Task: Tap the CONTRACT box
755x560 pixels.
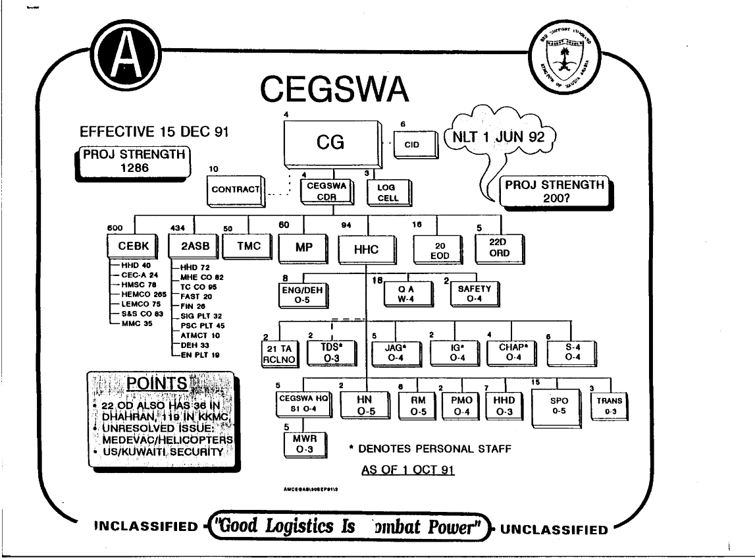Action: point(236,190)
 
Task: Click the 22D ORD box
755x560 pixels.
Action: point(497,247)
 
